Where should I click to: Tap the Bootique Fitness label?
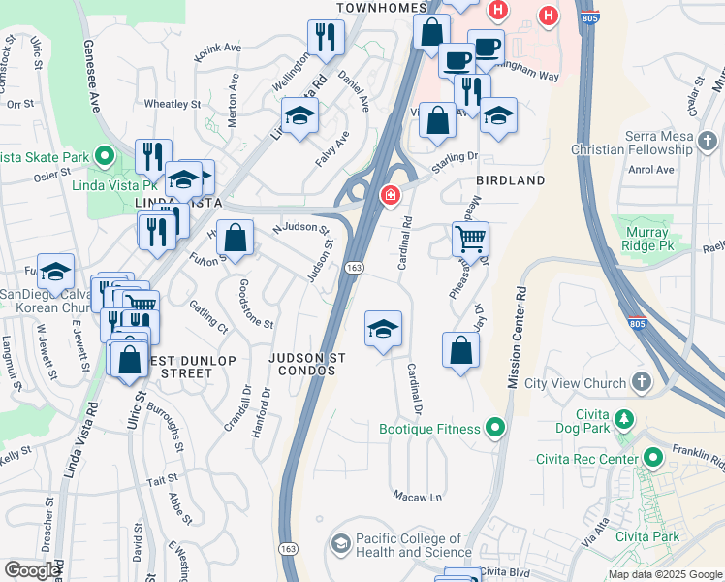tap(429, 429)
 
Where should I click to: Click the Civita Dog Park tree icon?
tap(625, 420)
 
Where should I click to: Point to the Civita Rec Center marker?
tap(653, 457)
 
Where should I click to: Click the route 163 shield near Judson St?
tap(355, 267)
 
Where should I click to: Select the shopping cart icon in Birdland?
tap(470, 238)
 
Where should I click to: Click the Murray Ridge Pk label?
tap(646, 240)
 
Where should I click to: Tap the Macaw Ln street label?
tap(417, 497)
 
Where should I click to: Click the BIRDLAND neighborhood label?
tap(510, 180)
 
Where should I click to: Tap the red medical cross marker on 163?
tap(390, 196)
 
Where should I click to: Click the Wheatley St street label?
tap(172, 104)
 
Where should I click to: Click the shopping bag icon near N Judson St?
tap(235, 237)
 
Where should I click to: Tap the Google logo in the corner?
tap(32, 570)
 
